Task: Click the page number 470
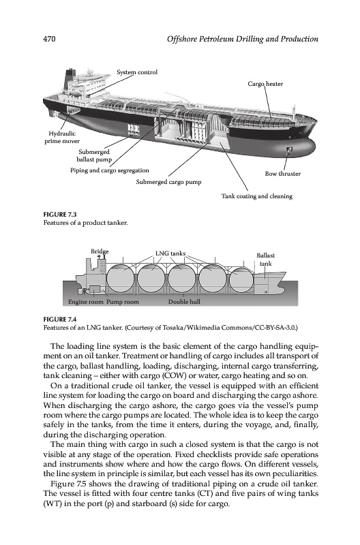(x=49, y=39)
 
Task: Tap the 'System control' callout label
(x=137, y=72)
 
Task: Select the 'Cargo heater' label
(x=265, y=84)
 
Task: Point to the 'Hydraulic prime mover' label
(x=62, y=138)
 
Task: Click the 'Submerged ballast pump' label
(x=94, y=156)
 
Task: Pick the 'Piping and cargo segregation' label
(x=110, y=170)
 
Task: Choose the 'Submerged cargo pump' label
(x=168, y=182)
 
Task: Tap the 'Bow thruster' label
(x=283, y=174)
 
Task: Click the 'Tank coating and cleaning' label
(x=257, y=196)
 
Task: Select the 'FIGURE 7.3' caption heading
(x=60, y=215)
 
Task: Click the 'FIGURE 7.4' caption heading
(x=60, y=320)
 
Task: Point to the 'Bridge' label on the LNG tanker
(x=100, y=251)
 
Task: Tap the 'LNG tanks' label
(x=170, y=253)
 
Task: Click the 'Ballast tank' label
(x=266, y=260)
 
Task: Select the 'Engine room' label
(x=85, y=302)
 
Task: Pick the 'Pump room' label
(x=123, y=302)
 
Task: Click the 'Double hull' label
(x=184, y=302)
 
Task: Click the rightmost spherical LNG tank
(x=242, y=279)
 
